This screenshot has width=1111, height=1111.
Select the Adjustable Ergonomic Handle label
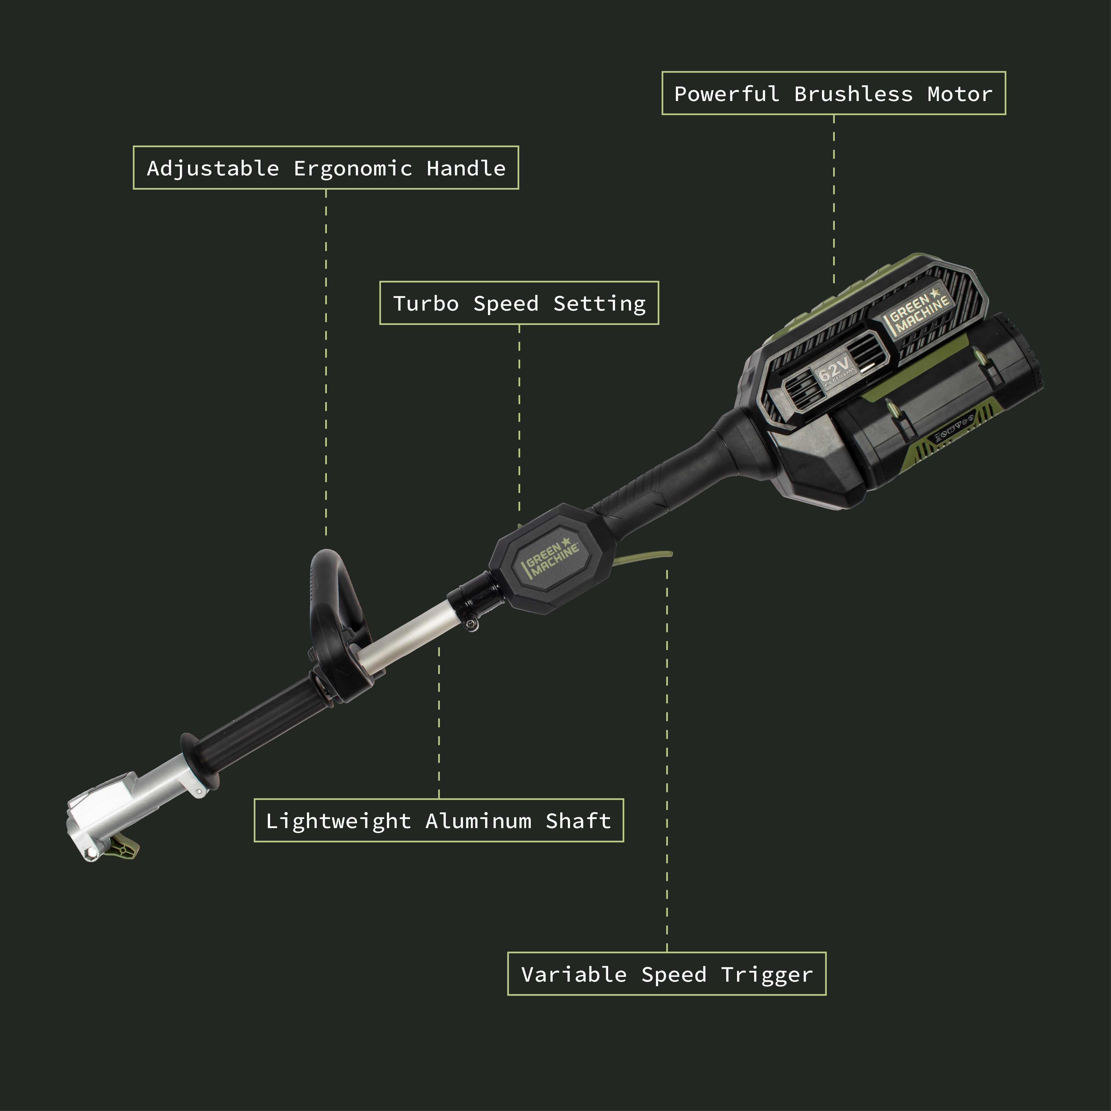(x=325, y=167)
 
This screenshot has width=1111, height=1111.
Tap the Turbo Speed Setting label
(x=519, y=303)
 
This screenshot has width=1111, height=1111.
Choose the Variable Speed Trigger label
(x=667, y=974)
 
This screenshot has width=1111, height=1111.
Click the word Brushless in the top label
(x=854, y=94)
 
